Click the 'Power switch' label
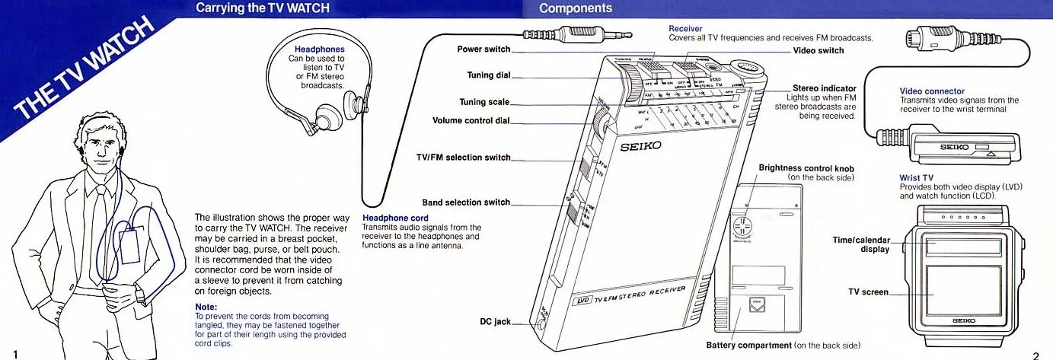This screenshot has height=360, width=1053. click(483, 49)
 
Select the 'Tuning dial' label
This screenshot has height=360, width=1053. click(488, 75)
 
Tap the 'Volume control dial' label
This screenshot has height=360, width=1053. click(471, 120)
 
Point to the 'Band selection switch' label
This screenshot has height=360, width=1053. click(465, 202)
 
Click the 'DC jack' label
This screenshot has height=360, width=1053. click(495, 322)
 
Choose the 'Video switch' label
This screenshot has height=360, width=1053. click(818, 50)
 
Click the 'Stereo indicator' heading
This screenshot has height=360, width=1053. click(824, 88)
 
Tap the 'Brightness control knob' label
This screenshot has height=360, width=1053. click(806, 168)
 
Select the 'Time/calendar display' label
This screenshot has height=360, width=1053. click(862, 244)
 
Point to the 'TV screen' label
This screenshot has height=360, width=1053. click(868, 292)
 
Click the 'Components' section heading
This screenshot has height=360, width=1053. click(575, 8)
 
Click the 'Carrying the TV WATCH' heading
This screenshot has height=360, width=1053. click(250, 8)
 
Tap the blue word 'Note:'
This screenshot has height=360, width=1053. click(206, 307)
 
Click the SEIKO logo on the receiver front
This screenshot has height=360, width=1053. click(641, 146)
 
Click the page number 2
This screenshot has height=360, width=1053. click(1035, 354)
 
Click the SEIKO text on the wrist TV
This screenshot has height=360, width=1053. click(963, 320)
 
